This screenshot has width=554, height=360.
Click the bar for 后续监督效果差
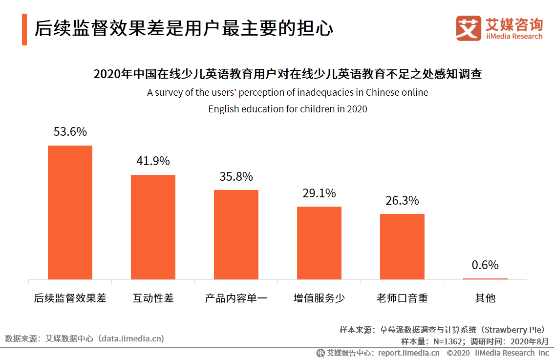pos(70,212)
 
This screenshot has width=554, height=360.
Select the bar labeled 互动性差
pos(153,227)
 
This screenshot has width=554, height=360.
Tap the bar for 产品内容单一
pos(236,234)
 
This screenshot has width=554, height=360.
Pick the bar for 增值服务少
pos(319,243)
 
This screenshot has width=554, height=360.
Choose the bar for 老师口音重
pos(402,246)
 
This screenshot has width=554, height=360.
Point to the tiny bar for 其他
pos(485,278)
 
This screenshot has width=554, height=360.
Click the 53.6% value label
pos(70,132)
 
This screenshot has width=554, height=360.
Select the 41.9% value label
pos(153,161)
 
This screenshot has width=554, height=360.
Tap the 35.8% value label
pos(236,176)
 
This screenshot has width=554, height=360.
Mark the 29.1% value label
pos(319,193)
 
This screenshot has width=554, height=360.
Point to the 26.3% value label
pos(402,200)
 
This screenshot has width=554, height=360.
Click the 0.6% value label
pos(485,265)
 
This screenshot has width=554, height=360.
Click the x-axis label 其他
pos(485,298)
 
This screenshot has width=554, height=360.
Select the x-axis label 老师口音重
pos(402,298)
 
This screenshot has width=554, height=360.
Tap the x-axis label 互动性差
pos(153,298)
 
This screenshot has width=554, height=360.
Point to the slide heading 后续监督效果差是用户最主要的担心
pos(184,28)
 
